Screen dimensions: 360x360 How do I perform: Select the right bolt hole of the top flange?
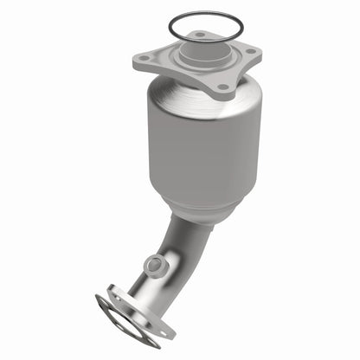(x=252, y=52)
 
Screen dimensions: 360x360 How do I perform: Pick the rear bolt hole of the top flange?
(x=201, y=35)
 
